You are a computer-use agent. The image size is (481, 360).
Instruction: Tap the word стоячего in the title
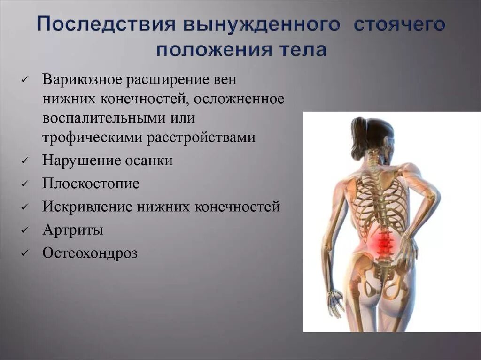pyautogui.click(x=399, y=25)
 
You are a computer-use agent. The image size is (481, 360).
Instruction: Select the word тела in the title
pyautogui.click(x=302, y=50)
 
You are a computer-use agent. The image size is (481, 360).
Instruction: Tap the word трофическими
pyautogui.click(x=93, y=137)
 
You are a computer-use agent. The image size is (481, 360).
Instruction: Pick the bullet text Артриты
pyautogui.click(x=73, y=230)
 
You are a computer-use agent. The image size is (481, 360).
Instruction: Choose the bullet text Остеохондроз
pyautogui.click(x=90, y=253)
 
